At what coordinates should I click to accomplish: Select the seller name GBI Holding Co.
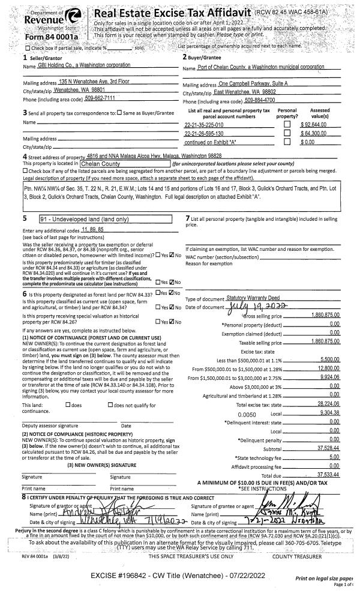(x=88, y=65)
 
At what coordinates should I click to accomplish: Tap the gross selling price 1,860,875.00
(x=328, y=315)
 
